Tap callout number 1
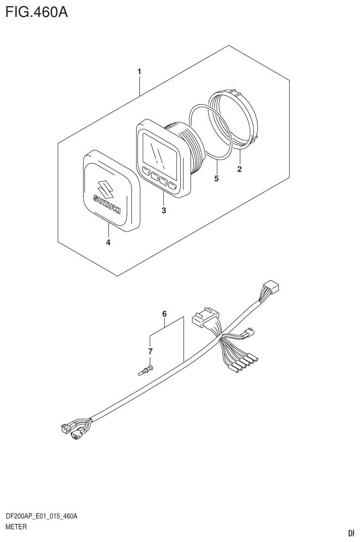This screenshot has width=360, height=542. point(139,72)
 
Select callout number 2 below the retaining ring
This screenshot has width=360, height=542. point(239,170)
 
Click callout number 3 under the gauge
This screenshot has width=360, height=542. point(164,210)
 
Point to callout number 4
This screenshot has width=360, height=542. point(108,242)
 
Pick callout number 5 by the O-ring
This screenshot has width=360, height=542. point(216,178)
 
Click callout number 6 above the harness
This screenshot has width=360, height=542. point(164,313)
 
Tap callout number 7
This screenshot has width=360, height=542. point(150,351)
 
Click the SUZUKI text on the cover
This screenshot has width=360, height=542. point(107,204)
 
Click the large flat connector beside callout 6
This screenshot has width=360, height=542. point(206,317)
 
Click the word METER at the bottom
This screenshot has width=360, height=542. point(15,527)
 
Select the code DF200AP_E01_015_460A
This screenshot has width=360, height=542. point(41,517)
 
